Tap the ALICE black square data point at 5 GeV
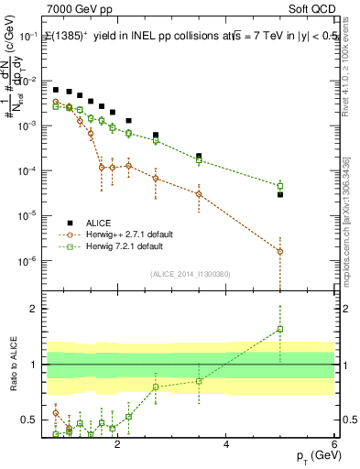click(x=280, y=194)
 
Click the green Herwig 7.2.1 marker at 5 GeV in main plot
click(x=280, y=186)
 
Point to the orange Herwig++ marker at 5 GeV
click(x=280, y=251)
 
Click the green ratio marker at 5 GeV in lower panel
click(x=280, y=329)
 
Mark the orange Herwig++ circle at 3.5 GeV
click(x=199, y=193)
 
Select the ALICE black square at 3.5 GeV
click(x=199, y=156)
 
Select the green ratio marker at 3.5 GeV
click(x=199, y=381)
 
